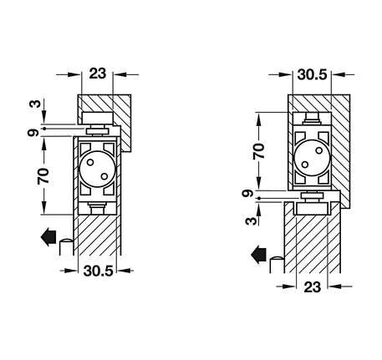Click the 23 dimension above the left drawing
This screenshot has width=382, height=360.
[98, 74]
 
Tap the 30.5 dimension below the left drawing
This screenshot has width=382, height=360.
[98, 271]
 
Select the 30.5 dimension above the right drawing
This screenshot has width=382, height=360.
[312, 74]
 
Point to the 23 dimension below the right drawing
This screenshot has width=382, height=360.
[313, 286]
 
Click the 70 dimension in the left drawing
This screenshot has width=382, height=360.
[43, 175]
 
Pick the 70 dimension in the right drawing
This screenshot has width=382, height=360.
[259, 151]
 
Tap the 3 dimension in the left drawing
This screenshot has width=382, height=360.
[35, 104]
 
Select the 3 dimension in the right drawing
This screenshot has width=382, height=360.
[251, 221]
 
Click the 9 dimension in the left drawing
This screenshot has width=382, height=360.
[33, 133]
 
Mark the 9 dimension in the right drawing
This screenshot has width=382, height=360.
[247, 193]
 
